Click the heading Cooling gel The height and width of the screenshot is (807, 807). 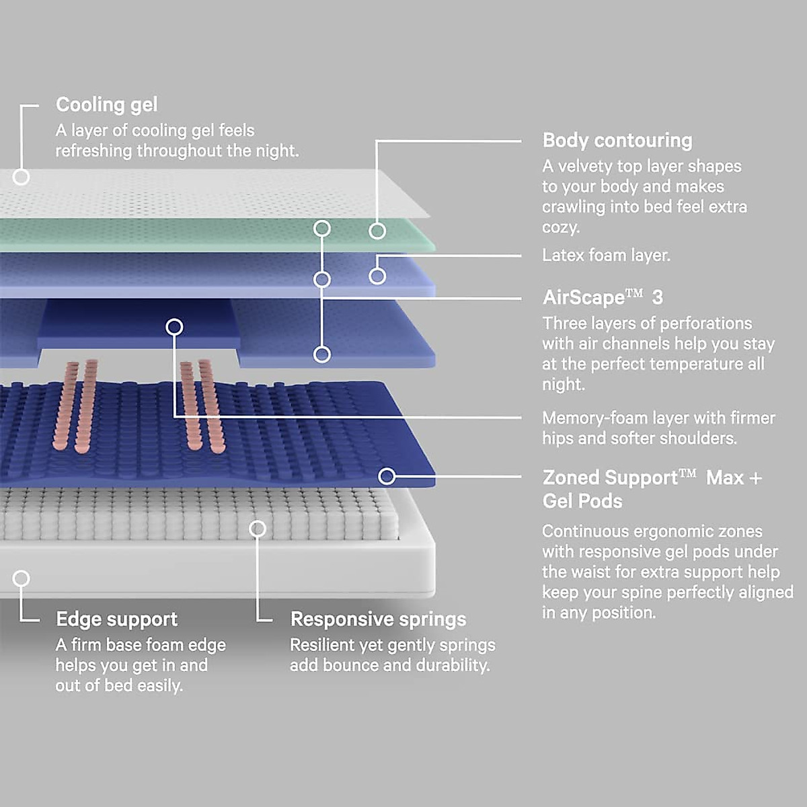107,105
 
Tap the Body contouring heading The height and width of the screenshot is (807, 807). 617,141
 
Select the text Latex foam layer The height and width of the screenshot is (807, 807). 606,255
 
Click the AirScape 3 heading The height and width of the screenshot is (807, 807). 603,297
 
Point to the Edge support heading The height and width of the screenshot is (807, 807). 117,619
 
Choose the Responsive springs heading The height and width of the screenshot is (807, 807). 378,619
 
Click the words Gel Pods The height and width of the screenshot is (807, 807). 582,501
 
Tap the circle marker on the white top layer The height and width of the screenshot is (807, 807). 21,177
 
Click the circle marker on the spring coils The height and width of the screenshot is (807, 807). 258,529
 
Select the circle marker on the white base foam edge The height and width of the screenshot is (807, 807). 21,578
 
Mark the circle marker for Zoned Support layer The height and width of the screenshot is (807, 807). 387,476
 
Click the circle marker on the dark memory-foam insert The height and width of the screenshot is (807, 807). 174,327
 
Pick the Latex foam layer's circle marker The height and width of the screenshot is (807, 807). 377,276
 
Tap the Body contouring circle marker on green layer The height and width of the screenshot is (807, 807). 377,231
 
